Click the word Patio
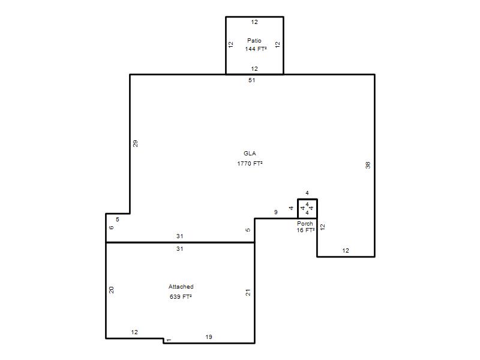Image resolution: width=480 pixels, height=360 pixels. coord(254,40)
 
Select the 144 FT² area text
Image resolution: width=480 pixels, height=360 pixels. coord(256,49)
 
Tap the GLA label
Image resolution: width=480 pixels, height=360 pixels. coord(250,154)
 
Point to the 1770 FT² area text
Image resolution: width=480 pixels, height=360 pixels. coord(250,163)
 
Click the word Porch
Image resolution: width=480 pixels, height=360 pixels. coord(305,223)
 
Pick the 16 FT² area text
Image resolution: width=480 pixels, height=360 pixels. coord(305,230)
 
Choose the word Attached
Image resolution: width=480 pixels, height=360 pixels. coord(181,287)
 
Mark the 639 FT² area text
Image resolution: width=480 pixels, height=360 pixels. coord(181,296)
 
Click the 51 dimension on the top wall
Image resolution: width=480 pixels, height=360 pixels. coord(251,80)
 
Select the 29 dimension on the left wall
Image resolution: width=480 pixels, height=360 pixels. coord(136,143)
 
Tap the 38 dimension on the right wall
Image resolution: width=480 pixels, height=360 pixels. coord(368,165)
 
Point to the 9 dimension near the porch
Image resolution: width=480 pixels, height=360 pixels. coord(276,212)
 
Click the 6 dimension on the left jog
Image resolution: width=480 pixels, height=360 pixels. coord(112,227)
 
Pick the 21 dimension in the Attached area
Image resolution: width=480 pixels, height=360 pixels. coord(248,293)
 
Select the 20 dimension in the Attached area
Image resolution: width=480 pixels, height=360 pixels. coord(112,290)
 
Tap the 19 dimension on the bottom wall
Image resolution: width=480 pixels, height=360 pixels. coord(209,337)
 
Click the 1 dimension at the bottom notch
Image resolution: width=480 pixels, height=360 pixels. coord(169,340)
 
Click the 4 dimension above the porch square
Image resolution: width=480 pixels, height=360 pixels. coord(307,193)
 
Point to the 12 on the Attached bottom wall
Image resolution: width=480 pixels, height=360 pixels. coord(134,332)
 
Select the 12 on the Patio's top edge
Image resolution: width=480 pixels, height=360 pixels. coord(254,22)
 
